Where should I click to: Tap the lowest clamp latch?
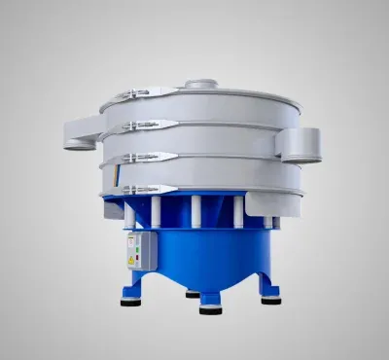pyautogui.click(x=146, y=187)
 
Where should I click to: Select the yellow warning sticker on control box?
pyautogui.click(x=130, y=261)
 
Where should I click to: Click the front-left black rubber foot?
pyautogui.click(x=128, y=300)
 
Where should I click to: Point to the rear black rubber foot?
pyautogui.click(x=192, y=292)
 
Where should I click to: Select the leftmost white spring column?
pyautogui.click(x=129, y=215)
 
